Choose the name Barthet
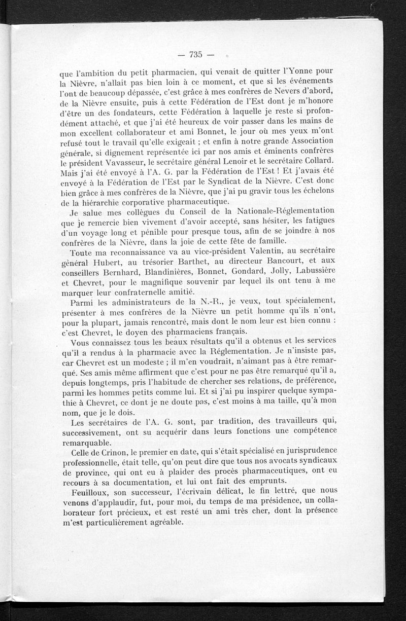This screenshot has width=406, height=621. (186, 263)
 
